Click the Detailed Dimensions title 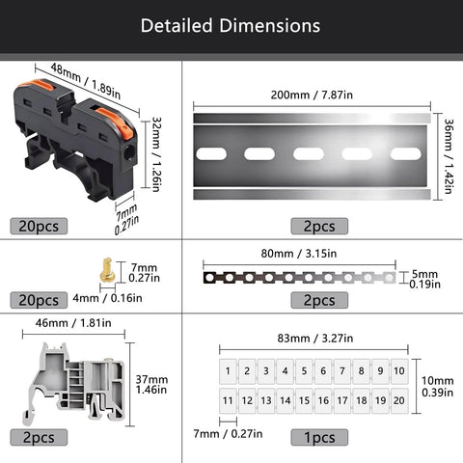tap(231, 25)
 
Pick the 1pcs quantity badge tap(319, 438)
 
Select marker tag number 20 tap(398, 400)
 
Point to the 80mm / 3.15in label tap(299, 256)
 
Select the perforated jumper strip tap(299, 278)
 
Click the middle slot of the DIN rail tap(310, 153)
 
